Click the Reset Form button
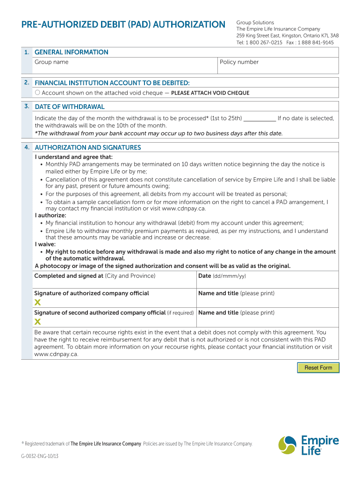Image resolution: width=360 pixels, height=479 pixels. pos(318,368)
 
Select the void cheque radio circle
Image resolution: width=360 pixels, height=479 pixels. pos(37,93)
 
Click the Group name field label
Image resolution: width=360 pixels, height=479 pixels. pos(51,62)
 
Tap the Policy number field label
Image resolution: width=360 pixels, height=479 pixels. pos(239,62)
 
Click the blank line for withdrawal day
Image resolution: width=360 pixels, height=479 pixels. pos(260,118)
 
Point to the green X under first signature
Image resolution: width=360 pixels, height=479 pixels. pos(37,302)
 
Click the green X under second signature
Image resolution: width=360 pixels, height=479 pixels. pos(37,321)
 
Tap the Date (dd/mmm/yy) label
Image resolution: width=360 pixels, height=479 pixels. pos(222,276)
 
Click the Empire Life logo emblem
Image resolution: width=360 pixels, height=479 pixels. pos(287,445)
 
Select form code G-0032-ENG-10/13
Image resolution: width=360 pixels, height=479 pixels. pos(40,457)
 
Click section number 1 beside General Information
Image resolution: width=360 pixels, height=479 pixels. pos(27,52)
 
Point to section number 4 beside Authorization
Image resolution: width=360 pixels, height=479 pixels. pos(27,147)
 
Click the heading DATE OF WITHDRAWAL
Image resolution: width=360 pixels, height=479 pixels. pos(70,107)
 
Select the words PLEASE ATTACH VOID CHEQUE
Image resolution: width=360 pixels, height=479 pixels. pos(210,93)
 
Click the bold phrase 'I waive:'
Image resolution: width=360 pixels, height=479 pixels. pos(45,244)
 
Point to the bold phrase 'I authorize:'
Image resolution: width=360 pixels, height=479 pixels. pos(50,216)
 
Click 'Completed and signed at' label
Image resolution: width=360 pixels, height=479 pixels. pos(69,276)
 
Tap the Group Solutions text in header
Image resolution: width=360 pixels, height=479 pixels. pos(255,22)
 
